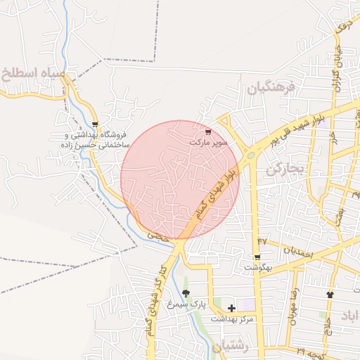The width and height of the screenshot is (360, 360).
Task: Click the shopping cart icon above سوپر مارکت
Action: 207,131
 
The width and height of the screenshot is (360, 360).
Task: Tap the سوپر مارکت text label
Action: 209,142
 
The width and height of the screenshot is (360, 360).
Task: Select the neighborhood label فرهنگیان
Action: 268,87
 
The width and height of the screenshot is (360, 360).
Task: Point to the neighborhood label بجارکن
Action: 284,169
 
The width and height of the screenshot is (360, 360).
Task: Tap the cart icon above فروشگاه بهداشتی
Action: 95,124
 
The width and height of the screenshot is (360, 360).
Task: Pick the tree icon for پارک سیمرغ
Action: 186,292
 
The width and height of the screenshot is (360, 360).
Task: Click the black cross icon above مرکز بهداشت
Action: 232,308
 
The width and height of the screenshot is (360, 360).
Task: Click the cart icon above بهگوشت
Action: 257,257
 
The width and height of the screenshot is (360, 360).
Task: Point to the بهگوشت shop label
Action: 257,268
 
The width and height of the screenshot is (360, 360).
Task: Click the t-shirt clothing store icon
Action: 330,294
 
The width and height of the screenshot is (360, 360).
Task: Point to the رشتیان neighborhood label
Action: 226,347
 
